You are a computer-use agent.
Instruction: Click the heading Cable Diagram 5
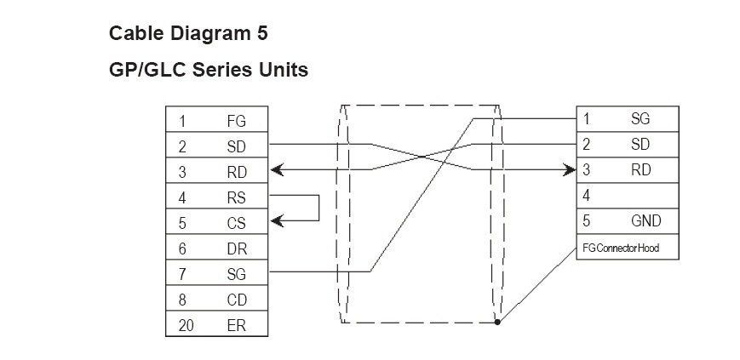[188, 34]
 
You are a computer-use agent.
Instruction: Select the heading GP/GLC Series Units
[209, 70]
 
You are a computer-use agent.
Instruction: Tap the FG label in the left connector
[237, 121]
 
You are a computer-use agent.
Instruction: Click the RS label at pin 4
[237, 197]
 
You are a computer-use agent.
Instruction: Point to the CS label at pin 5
[237, 223]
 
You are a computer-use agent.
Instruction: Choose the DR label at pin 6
[237, 249]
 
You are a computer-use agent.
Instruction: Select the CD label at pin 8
[237, 300]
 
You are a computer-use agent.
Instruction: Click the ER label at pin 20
[237, 325]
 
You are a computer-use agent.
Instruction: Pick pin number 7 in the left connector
[182, 274]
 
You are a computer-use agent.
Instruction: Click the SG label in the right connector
[640, 119]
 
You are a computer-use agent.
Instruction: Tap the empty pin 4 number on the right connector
[586, 196]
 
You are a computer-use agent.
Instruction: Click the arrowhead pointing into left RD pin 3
[276, 171]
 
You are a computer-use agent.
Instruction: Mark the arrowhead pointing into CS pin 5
[276, 221]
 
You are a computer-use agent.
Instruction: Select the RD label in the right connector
[640, 170]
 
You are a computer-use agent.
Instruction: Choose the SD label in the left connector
[237, 146]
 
